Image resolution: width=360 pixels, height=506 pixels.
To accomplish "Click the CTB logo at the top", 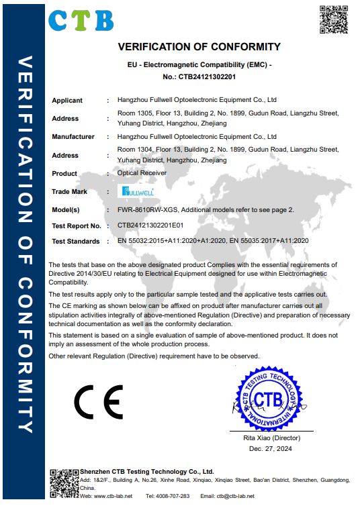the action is (81, 20).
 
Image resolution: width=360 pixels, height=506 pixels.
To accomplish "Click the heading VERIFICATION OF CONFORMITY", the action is (199, 47).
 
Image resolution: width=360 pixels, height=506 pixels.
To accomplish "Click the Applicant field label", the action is (67, 101).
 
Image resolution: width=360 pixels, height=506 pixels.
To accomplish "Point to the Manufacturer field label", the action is (73, 137).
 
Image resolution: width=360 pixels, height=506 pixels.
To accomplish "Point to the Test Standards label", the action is (76, 241).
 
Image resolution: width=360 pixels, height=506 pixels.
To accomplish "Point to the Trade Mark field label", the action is (70, 192).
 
